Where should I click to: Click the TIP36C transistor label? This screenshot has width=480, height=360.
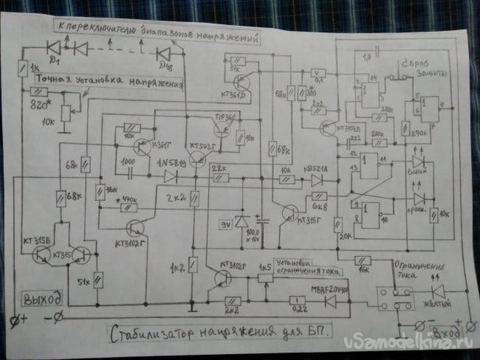(224, 117)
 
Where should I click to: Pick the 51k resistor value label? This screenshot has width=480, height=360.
(82, 281)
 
